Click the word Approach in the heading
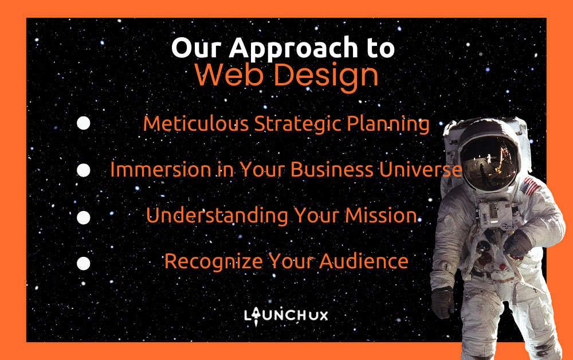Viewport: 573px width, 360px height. coord(293,49)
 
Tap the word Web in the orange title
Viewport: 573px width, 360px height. coord(229,75)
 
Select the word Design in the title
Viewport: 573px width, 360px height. coord(326,77)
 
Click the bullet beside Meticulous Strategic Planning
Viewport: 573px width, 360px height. coord(83,123)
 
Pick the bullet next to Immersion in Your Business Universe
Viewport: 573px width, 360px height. coord(83,170)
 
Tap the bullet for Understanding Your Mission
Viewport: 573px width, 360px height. coord(83,217)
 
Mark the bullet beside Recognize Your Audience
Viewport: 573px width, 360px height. coord(83,264)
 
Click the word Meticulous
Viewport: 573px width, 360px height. coord(196,123)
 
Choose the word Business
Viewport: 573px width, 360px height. coord(332,170)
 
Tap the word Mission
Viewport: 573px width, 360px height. coord(381,216)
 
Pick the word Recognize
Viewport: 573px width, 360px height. coord(213,262)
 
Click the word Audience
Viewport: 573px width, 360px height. coord(364,261)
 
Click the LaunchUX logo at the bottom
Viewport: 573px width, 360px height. coord(286,316)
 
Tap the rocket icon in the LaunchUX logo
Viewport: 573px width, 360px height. coord(256,316)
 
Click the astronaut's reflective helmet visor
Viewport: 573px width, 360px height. coord(489,163)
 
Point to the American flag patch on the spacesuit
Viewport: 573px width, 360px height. coord(529,187)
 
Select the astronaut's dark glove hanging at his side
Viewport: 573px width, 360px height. coord(442,302)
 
